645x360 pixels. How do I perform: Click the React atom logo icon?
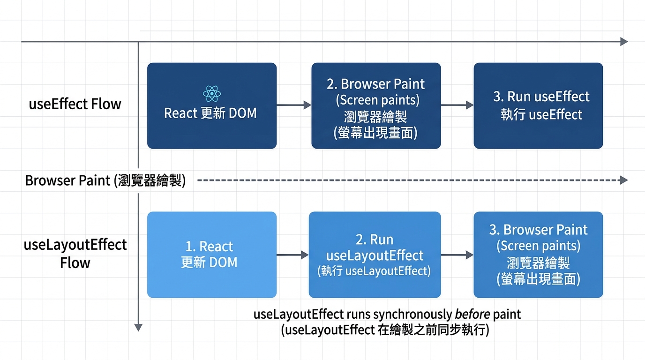(212, 94)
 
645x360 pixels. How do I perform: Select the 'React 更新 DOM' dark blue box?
(212, 105)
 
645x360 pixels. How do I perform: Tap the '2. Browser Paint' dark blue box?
(376, 105)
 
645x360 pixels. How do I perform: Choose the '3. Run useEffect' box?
(538, 105)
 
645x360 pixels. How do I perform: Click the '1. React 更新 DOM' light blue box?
(212, 255)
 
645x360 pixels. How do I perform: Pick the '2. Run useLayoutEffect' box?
(375, 255)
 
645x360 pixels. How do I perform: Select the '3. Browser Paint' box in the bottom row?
(538, 255)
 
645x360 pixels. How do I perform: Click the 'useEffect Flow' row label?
(75, 104)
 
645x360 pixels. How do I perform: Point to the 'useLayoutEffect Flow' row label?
(75, 254)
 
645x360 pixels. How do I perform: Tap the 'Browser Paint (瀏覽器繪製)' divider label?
(105, 180)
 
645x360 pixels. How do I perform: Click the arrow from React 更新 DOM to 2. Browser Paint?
(294, 105)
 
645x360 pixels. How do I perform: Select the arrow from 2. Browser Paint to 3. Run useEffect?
(457, 105)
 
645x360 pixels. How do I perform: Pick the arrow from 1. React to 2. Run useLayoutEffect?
(292, 255)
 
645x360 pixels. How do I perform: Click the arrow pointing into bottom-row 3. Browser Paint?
(457, 255)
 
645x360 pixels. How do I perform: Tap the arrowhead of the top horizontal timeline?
(624, 41)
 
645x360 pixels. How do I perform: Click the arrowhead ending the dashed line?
(624, 180)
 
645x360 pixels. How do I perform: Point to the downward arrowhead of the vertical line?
(138, 328)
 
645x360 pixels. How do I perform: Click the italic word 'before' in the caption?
(472, 314)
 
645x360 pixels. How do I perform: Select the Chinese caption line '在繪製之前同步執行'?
(432, 330)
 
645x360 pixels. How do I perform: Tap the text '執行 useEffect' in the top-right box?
(541, 115)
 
